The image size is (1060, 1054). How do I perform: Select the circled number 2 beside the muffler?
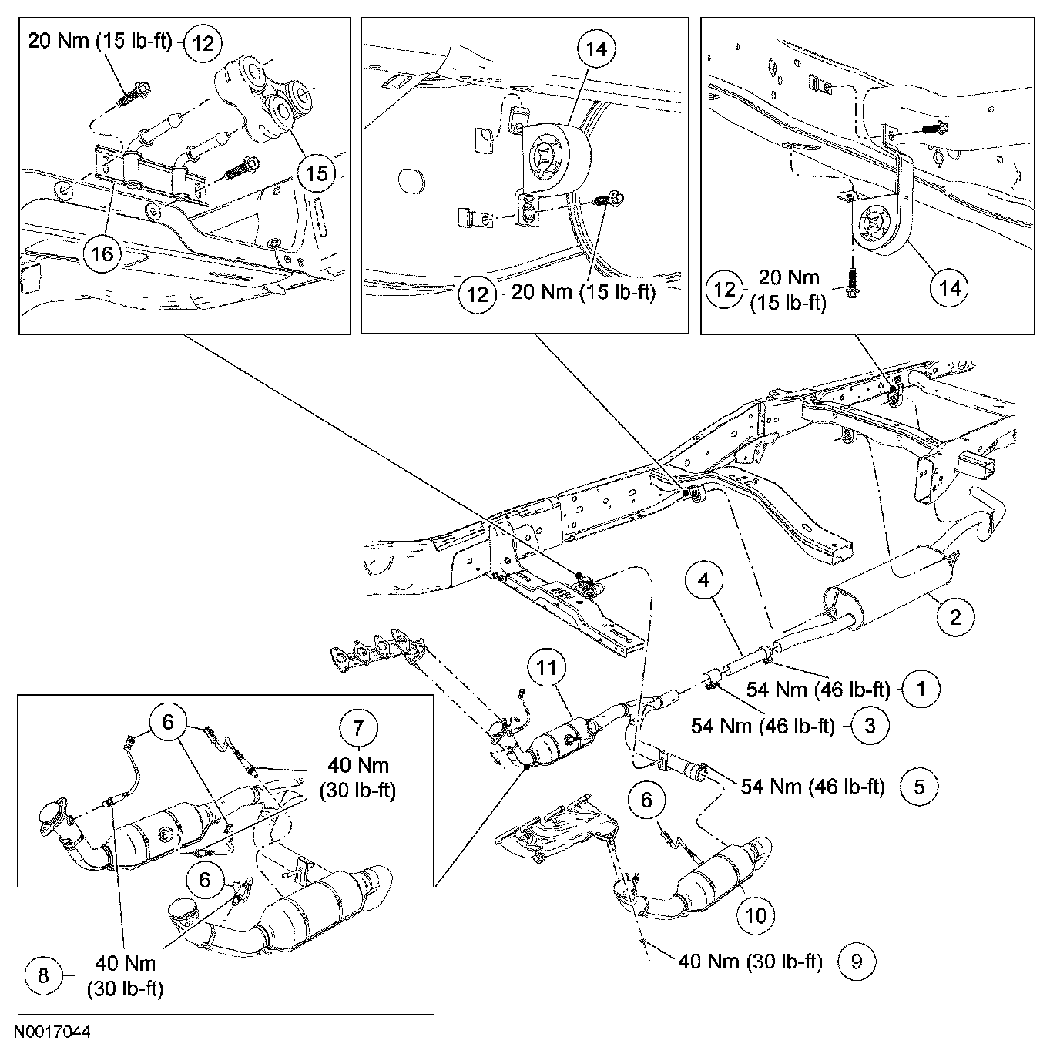956,616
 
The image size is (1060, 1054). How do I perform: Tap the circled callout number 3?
870,725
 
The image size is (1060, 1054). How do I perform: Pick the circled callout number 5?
919,786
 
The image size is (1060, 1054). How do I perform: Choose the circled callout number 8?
44,975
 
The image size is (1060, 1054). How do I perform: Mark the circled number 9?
857,961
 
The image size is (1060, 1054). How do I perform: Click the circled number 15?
318,173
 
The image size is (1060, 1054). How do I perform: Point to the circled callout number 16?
102,253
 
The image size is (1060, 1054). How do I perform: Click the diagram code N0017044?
51,1030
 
